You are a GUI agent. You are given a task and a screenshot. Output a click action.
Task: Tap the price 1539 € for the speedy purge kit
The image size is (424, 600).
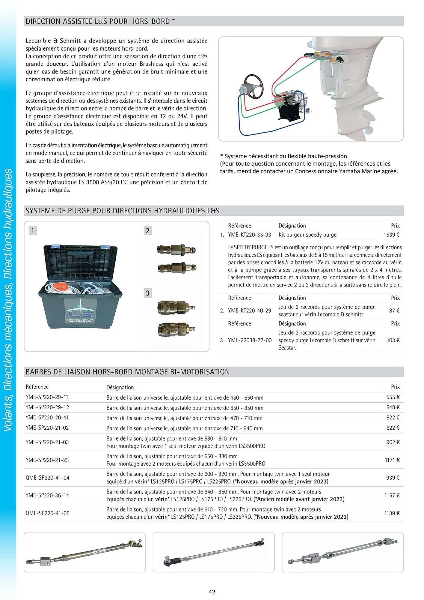tap(391, 235)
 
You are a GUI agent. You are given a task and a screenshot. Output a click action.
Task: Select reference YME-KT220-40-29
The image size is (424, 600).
tap(249, 310)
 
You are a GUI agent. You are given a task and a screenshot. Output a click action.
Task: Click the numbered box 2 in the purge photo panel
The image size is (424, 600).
tap(147, 230)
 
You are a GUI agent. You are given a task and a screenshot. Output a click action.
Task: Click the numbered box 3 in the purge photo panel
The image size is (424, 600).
tap(147, 293)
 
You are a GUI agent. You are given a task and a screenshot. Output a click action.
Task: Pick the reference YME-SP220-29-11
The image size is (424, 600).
tap(47, 397)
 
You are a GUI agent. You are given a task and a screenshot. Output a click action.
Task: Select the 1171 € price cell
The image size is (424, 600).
tap(392, 460)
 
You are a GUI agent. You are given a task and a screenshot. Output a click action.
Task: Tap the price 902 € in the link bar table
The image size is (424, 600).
tap(393, 442)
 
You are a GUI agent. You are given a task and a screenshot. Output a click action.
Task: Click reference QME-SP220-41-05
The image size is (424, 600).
tap(48, 513)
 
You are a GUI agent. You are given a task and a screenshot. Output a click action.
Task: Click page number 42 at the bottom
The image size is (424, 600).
tap(212, 592)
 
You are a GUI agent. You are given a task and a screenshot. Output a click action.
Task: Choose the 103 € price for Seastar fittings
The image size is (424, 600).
tap(393, 340)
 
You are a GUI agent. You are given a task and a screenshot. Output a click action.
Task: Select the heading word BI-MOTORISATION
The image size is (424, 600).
tap(200, 372)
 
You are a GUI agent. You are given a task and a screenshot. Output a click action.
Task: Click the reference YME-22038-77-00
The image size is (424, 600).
tap(250, 340)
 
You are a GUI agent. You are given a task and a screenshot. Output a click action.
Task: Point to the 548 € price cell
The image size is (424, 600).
tap(393, 407)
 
